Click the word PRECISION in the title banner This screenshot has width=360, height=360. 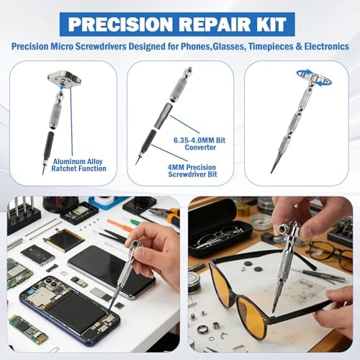pos(119,24)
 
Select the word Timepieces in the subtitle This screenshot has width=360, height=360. pos(271,46)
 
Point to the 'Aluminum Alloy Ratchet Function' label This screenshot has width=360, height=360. pos(78,165)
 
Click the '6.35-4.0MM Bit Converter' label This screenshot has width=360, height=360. pos(199,143)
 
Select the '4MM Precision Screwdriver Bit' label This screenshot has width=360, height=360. pos(192,171)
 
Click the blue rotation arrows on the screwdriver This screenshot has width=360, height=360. pos(314,77)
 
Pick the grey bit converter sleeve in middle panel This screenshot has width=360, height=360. pos(164,116)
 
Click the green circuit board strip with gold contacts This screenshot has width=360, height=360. pos(28,328)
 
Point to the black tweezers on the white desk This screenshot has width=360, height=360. pos(112,236)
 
